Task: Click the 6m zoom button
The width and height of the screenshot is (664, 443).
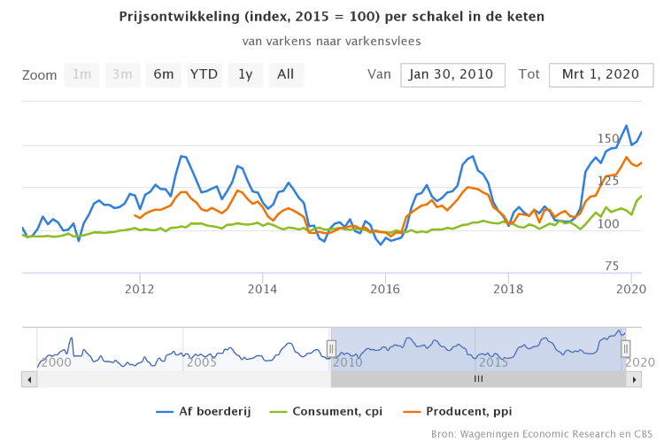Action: pyautogui.click(x=164, y=74)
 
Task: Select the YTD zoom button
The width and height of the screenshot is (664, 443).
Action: pyautogui.click(x=205, y=74)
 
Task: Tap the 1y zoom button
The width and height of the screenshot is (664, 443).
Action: pyautogui.click(x=245, y=74)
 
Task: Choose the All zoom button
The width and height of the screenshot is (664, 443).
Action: pyautogui.click(x=285, y=74)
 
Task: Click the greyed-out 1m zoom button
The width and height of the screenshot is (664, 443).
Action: pyautogui.click(x=82, y=74)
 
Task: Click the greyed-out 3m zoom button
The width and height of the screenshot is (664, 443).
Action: pyautogui.click(x=123, y=74)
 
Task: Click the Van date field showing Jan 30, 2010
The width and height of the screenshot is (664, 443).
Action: pyautogui.click(x=452, y=74)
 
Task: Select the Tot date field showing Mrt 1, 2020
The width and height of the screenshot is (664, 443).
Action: pyautogui.click(x=601, y=74)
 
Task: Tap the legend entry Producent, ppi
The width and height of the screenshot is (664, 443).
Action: pyautogui.click(x=459, y=411)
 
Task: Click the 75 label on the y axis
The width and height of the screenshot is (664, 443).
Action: pyautogui.click(x=612, y=266)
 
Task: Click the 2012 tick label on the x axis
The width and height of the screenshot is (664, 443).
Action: pyautogui.click(x=139, y=289)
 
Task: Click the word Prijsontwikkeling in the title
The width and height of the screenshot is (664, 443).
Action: pyautogui.click(x=181, y=17)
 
